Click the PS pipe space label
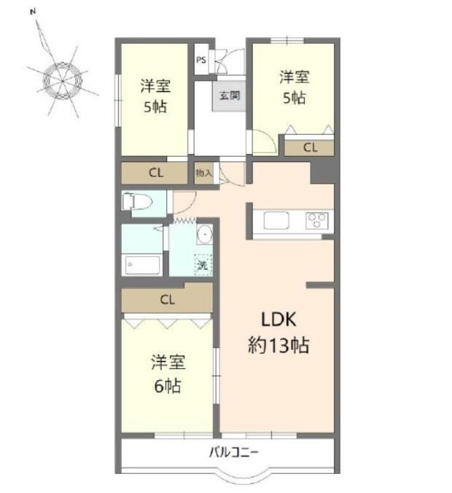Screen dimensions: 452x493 [201, 60]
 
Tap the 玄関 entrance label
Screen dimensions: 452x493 [230, 96]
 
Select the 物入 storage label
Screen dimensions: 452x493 [203, 173]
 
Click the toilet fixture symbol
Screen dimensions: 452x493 [137, 201]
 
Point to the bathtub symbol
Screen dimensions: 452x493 [142, 265]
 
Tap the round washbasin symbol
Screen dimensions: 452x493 [205, 234]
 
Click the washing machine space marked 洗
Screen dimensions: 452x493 [203, 265]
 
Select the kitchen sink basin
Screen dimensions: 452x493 [276, 220]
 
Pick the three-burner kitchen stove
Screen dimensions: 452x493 [317, 220]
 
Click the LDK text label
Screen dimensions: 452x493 [278, 319]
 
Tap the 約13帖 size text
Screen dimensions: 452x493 [278, 345]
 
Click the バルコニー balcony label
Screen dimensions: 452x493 [233, 452]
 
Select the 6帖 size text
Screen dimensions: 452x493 [168, 386]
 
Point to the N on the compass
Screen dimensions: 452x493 [33, 12]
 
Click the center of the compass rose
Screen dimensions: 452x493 [63, 81]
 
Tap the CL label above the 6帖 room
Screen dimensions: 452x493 [167, 299]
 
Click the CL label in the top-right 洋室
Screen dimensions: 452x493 [311, 147]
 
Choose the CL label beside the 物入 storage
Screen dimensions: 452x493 [156, 173]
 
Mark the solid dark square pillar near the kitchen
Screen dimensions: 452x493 [322, 172]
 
